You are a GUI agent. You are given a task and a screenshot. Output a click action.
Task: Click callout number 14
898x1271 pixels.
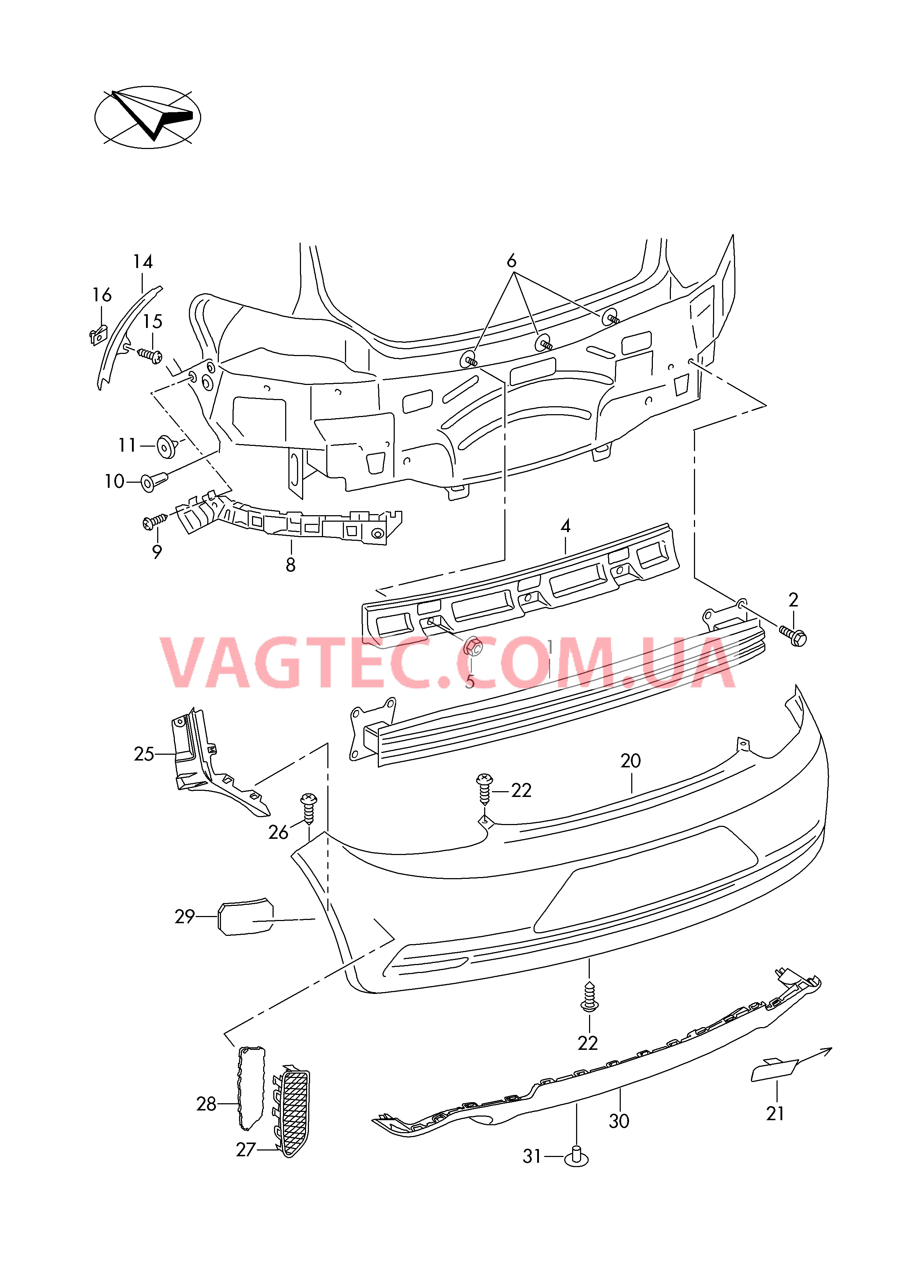143,262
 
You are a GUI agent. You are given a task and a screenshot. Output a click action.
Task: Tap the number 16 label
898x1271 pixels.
102,295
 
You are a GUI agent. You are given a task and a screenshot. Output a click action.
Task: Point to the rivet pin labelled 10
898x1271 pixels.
154,481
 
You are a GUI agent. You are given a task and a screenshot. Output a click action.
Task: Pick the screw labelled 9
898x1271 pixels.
155,520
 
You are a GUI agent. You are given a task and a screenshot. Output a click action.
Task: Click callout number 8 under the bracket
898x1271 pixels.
291,565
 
